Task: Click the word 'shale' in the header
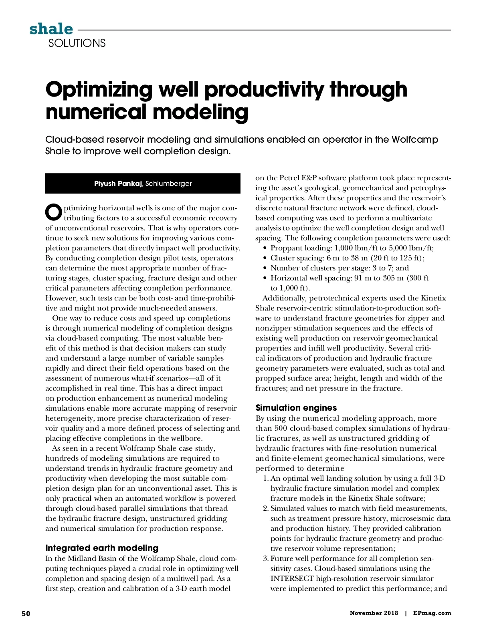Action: pos(51,29)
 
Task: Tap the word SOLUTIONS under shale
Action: pos(77,43)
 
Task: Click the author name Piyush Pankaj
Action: pos(118,184)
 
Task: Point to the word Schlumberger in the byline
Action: pos(168,184)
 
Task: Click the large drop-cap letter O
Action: pos(54,213)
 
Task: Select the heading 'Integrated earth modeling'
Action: pos(102,548)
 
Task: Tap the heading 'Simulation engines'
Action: pos(296,408)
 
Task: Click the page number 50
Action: pos(26,613)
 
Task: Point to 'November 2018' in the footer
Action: pos(374,613)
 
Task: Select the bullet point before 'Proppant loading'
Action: pos(265,248)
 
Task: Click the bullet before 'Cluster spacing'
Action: pos(265,258)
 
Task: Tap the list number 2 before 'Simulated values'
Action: pos(266,508)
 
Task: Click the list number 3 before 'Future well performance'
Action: pos(266,558)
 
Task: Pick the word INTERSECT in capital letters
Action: pos(292,579)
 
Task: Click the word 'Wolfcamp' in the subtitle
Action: pos(414,139)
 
